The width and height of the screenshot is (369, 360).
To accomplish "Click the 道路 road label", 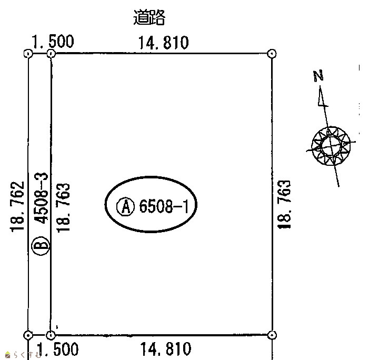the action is (x=149, y=17).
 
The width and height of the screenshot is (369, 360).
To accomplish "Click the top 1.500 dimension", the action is (x=53, y=42).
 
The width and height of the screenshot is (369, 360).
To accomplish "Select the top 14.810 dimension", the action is (x=164, y=43).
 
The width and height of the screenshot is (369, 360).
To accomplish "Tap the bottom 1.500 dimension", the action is (x=58, y=349).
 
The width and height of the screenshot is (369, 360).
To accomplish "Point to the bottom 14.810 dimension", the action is (x=166, y=349).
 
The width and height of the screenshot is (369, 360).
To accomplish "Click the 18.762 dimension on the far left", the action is (x=17, y=207).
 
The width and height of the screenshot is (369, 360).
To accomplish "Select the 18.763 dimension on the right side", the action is (x=284, y=204).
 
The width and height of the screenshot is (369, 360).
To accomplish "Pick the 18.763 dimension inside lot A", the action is (x=63, y=208).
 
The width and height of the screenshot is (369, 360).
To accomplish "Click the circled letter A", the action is (x=126, y=206).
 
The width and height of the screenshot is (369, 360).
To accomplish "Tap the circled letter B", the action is (x=41, y=246).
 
